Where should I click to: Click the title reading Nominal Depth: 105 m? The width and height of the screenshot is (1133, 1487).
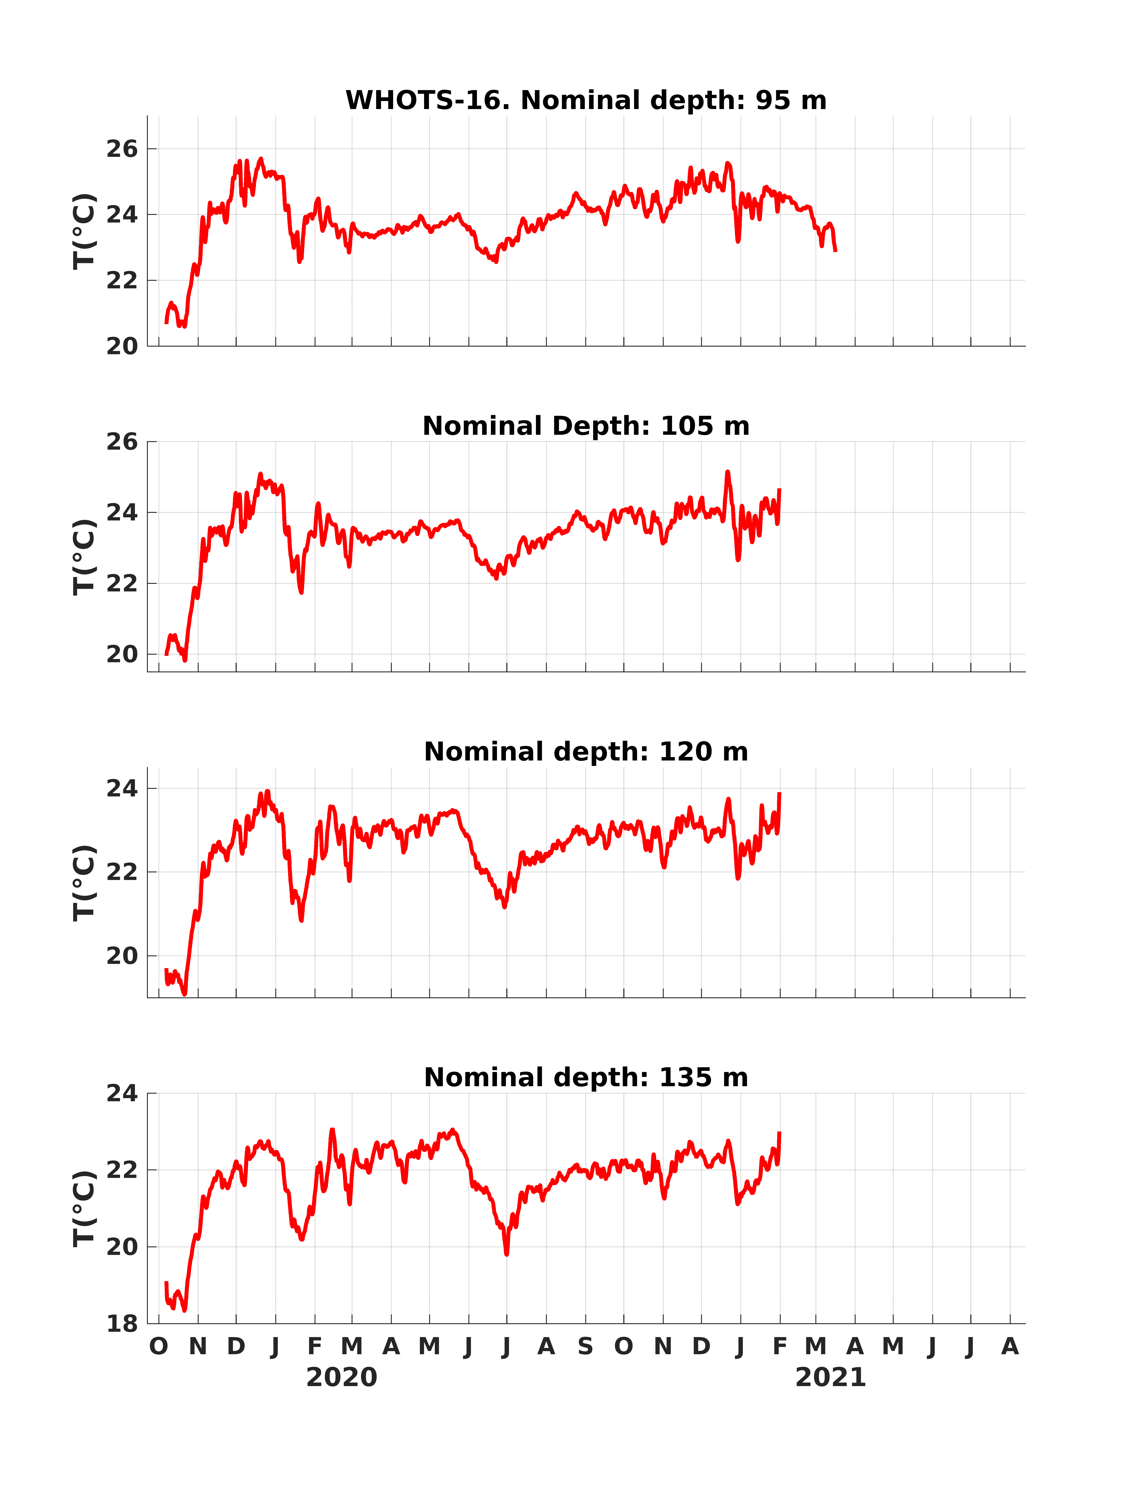click(586, 426)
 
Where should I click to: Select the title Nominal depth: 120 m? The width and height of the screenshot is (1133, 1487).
click(586, 752)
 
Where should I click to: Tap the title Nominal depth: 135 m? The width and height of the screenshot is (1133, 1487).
click(586, 1078)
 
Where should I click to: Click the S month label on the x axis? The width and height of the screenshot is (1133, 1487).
click(585, 1347)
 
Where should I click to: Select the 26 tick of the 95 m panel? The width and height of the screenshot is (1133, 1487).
click(122, 149)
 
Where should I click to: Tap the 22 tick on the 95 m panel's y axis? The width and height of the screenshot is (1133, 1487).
click(122, 281)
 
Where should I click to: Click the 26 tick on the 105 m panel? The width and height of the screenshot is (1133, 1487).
click(122, 442)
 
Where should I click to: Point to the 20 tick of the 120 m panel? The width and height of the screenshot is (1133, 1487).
click(122, 956)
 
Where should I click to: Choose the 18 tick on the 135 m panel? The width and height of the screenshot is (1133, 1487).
click(122, 1324)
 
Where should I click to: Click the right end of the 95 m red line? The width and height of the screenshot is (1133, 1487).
click(836, 251)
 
